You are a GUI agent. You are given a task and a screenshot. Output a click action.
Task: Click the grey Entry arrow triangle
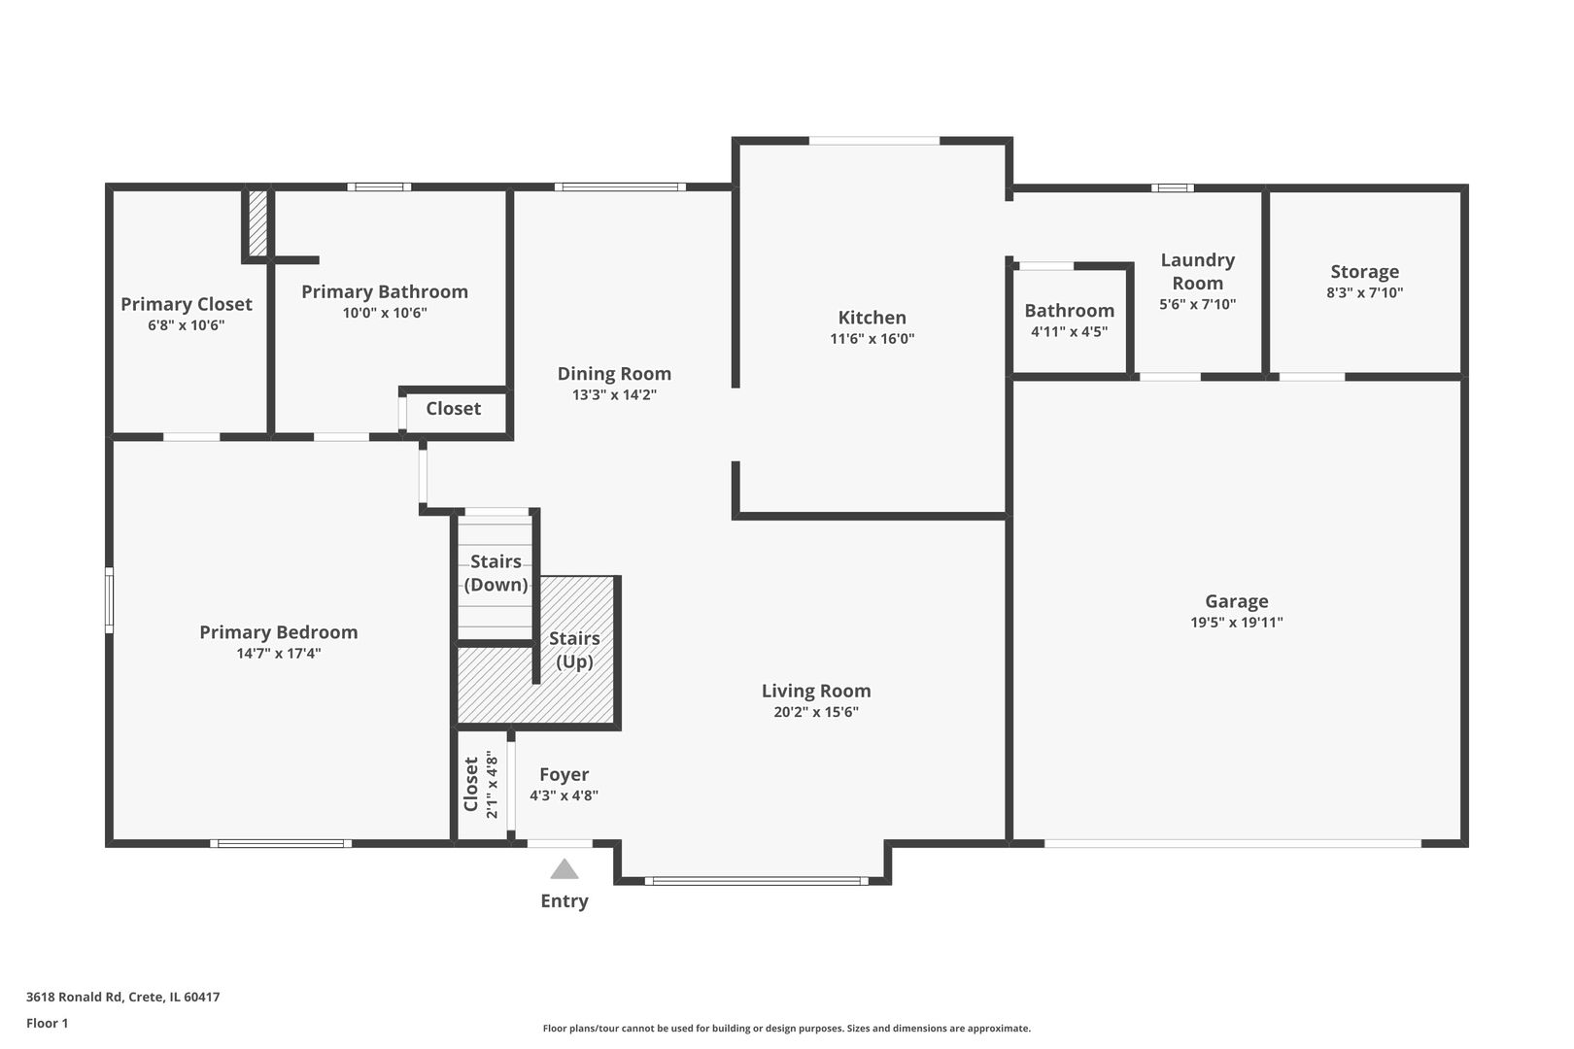pos(564,869)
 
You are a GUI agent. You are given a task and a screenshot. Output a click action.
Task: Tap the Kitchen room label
pos(872,318)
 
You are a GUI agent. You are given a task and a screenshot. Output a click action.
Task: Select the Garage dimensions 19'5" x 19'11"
pos(1236,623)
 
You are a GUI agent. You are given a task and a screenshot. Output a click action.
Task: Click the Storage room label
pos(1364,272)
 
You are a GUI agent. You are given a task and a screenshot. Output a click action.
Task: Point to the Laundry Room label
pos(1197,271)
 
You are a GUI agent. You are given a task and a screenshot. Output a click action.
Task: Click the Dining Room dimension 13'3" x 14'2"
pos(614,395)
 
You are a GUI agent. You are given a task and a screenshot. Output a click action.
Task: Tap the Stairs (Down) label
pos(496,573)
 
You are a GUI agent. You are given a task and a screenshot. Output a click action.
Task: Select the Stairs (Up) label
pos(573,650)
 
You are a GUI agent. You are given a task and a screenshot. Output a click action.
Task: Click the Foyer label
pos(564,774)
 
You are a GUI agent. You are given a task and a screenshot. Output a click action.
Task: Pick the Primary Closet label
pos(186,304)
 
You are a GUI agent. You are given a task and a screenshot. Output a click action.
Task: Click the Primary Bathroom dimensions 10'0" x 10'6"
pos(384,313)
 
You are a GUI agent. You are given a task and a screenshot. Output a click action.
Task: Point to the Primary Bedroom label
pos(278,632)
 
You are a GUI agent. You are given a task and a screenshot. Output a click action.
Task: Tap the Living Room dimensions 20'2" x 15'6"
pos(815,712)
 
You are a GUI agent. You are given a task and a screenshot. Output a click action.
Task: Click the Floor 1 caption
pos(47,1023)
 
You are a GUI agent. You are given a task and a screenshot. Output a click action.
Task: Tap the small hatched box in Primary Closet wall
pos(257,222)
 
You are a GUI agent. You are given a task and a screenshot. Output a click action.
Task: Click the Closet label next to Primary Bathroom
pos(453,409)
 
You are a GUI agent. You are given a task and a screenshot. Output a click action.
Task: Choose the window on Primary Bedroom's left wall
pos(109,600)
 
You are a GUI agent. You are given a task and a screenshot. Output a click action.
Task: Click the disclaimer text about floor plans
pos(786,1028)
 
